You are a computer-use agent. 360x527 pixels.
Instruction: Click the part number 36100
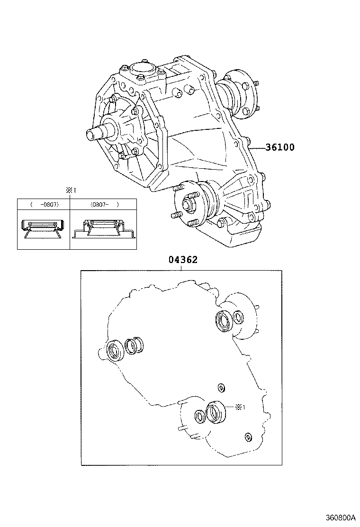tap(279, 147)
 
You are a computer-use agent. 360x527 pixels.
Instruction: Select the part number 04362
tap(183, 260)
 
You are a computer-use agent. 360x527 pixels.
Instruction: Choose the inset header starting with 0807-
tap(103, 204)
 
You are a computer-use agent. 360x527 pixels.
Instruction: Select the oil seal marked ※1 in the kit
tap(216, 412)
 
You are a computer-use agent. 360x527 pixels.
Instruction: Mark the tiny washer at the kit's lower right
tap(247, 436)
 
